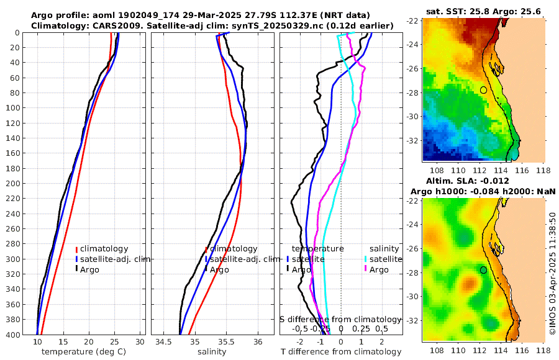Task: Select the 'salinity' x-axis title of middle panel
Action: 208,352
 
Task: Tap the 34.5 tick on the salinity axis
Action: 164,342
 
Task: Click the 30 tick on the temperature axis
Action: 140,342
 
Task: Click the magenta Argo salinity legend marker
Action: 365,269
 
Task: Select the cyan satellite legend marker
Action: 365,259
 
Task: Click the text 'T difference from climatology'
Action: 341,352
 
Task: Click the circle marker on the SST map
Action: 483,90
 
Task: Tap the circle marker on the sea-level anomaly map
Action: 483,270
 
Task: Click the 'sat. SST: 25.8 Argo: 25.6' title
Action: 483,11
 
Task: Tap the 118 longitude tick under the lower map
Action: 544,350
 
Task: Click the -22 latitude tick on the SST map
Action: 413,21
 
